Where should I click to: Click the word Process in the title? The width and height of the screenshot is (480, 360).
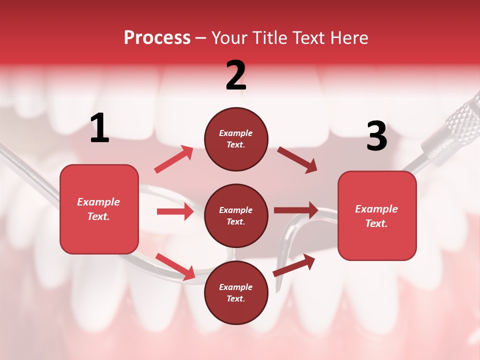pos(157,38)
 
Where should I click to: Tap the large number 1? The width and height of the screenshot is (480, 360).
pos(99,129)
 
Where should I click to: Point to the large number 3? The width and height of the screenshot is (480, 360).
pos(376,137)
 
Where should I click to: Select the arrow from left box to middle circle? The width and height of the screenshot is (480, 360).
pos(175,211)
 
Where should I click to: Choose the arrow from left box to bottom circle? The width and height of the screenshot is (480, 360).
pos(175,266)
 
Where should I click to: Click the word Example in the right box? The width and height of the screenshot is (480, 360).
pos(376,209)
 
